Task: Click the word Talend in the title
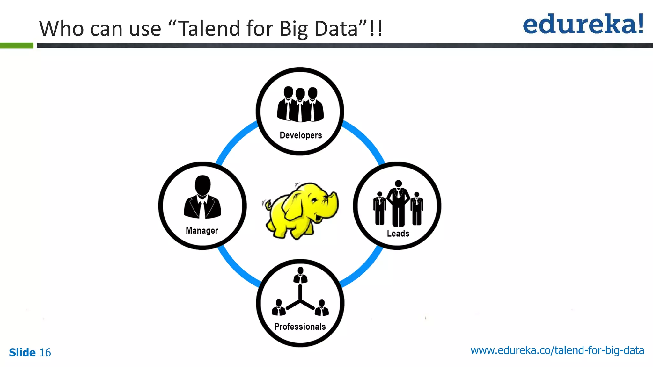click(209, 29)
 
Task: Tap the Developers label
click(301, 135)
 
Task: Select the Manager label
click(202, 230)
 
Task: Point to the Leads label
click(398, 234)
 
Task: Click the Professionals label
click(300, 327)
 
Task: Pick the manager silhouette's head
click(202, 185)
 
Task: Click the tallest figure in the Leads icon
click(398, 204)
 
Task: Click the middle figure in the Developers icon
click(300, 105)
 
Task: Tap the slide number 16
click(45, 352)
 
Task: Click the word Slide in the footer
click(22, 352)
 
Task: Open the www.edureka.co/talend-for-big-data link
click(557, 350)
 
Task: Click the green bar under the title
click(17, 46)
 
